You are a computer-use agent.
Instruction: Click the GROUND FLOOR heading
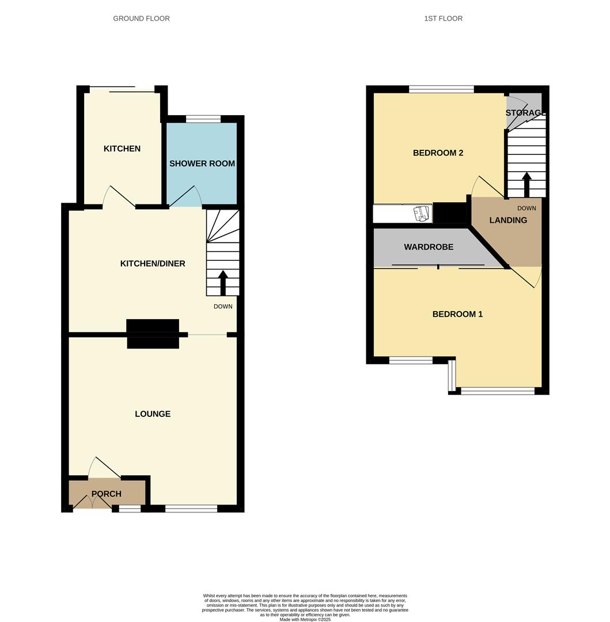point(141,18)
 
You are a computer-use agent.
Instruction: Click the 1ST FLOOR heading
point(443,18)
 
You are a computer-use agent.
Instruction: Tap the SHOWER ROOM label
point(202,164)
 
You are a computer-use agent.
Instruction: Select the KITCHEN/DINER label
point(153,264)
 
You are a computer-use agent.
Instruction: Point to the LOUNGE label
point(153,414)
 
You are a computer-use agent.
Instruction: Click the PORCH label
point(107,494)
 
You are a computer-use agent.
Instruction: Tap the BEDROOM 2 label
point(438,153)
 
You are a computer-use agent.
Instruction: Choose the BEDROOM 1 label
point(457,314)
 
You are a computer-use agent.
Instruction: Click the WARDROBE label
point(429,247)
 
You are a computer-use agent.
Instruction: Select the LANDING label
point(508,220)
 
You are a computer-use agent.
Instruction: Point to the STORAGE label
point(524,113)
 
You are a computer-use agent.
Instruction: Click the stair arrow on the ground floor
point(223,282)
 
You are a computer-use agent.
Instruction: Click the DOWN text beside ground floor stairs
point(223,306)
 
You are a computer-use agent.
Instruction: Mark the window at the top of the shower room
point(203,119)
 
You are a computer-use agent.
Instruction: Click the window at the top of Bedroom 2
point(441,89)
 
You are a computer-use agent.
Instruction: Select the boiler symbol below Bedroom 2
point(423,214)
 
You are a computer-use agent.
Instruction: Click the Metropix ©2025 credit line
point(305,620)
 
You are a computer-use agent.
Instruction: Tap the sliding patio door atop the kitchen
point(122,89)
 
